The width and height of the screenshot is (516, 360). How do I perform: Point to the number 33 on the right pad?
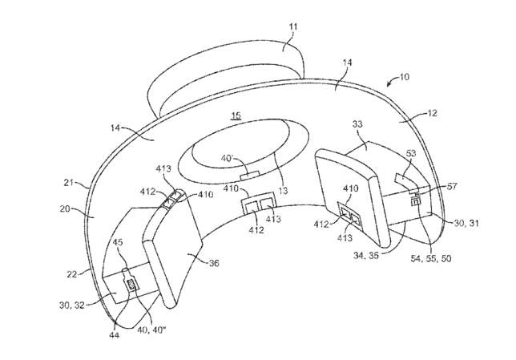coord(358,124)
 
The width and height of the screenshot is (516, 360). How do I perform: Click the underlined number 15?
coord(236,115)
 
